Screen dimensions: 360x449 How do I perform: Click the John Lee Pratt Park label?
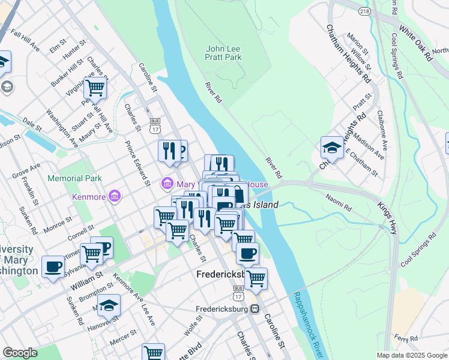[x=223, y=53]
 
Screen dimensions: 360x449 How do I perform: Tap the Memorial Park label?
[x=75, y=178]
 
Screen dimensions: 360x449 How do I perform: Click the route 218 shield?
[x=363, y=11]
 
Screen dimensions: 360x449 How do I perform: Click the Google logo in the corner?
[x=20, y=352]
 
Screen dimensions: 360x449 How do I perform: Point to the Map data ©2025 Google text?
[x=412, y=355]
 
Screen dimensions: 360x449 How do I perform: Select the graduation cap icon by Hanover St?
[x=109, y=305]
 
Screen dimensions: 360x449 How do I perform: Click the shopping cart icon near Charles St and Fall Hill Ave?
[x=95, y=88]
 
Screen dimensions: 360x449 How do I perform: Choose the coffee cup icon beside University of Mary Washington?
[x=53, y=266]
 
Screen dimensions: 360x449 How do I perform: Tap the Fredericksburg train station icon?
[x=255, y=309]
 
